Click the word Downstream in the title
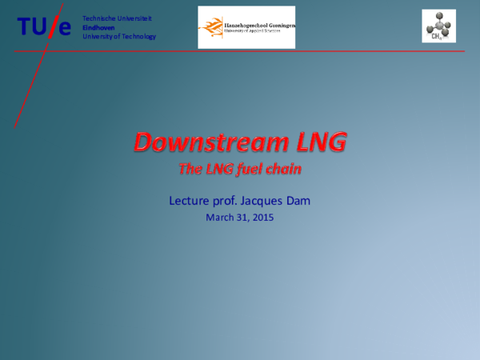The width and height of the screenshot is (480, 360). (x=210, y=142)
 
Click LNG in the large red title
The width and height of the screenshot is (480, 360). (x=318, y=142)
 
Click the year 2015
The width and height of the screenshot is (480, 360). (x=262, y=217)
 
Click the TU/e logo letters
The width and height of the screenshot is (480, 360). (x=45, y=27)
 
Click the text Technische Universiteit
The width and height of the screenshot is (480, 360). (x=117, y=18)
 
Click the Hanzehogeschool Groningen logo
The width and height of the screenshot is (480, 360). (x=246, y=27)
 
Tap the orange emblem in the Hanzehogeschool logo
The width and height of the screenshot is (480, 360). (x=210, y=27)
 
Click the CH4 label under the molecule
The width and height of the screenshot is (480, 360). (x=437, y=36)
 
